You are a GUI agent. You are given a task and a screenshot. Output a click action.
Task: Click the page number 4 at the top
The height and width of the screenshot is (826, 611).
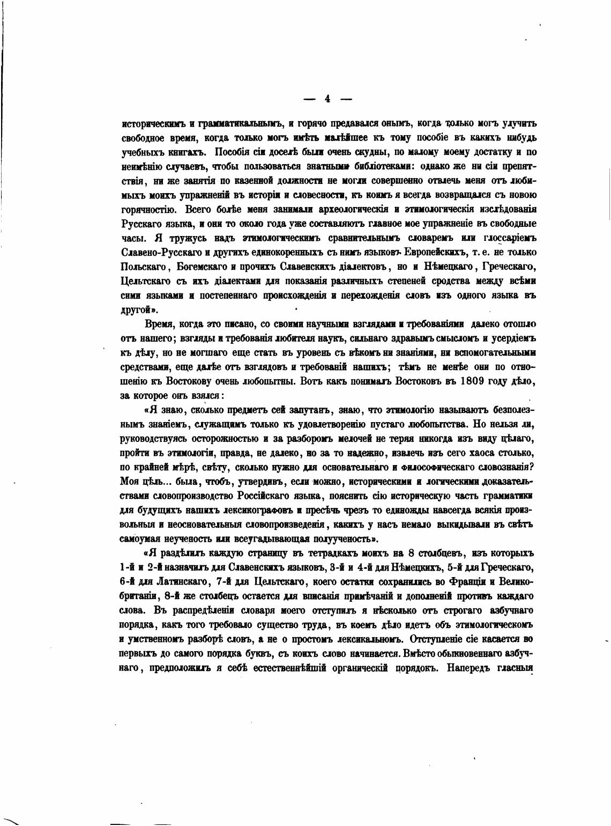(327, 99)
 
